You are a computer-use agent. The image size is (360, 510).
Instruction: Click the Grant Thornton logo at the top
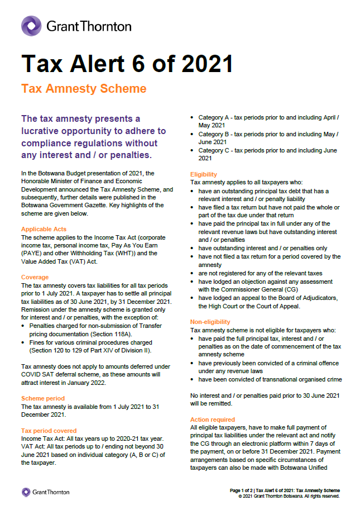(x=76, y=26)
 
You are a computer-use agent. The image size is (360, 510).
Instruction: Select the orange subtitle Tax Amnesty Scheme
(x=83, y=89)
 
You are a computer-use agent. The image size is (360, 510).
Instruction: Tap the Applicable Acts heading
(x=44, y=229)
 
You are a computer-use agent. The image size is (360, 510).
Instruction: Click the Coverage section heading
(x=35, y=277)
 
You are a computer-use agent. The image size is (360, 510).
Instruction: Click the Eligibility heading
(x=204, y=174)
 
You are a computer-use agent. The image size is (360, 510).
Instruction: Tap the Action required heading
(x=213, y=420)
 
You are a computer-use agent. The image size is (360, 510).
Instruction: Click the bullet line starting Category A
(x=268, y=122)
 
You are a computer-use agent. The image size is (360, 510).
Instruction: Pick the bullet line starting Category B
(x=268, y=138)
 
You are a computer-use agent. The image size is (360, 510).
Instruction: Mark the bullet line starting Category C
(x=268, y=154)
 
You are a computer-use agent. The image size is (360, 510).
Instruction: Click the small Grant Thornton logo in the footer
(x=46, y=492)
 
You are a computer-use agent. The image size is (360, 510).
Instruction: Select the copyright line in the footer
(x=289, y=496)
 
